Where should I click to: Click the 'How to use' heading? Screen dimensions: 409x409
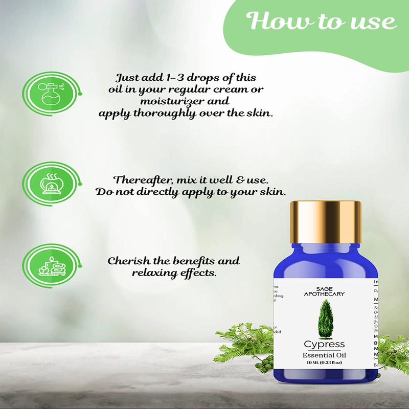tap(322, 21)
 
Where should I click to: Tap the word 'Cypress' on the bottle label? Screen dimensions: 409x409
tap(324, 344)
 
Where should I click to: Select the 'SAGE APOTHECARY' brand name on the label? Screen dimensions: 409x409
tap(324, 291)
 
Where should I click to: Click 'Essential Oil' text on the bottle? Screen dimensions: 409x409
tap(324, 355)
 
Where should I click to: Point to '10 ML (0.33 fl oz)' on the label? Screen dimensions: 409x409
tap(324, 363)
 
